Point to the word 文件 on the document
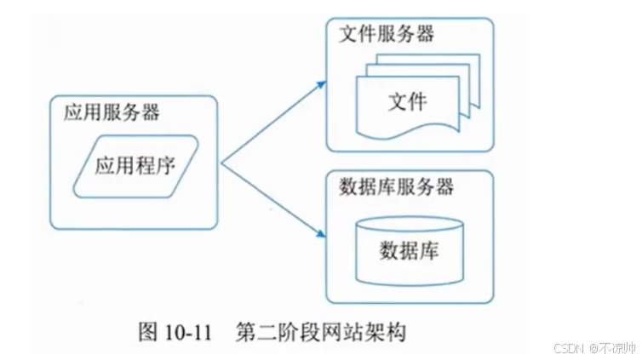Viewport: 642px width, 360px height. pos(407,102)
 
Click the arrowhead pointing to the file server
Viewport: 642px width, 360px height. pos(321,84)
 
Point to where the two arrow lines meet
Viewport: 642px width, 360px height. pos(222,163)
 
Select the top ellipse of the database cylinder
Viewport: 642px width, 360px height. pos(409,223)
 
